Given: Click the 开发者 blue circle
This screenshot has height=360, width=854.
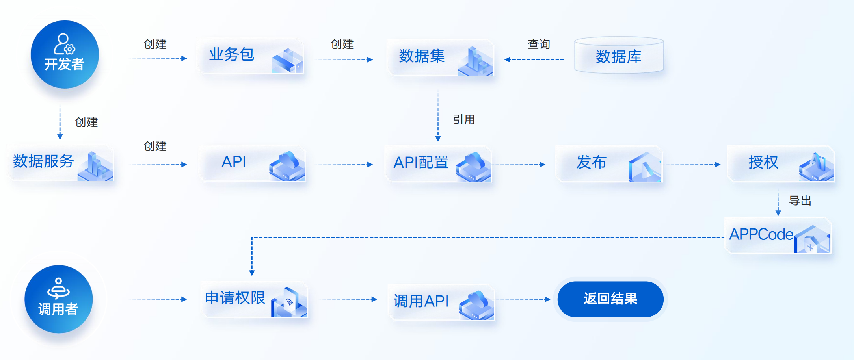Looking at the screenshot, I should [65, 54].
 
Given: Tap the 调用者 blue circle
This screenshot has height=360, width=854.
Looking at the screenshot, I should [59, 299].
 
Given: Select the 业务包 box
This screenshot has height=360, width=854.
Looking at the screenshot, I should [251, 56].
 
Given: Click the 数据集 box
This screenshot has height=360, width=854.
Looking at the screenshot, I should [440, 57].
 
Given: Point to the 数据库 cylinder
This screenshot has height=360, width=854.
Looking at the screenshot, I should [619, 56].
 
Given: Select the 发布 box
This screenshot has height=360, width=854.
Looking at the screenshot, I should [609, 163].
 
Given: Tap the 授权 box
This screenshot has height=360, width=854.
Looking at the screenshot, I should [780, 163].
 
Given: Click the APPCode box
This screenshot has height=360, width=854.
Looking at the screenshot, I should [778, 235].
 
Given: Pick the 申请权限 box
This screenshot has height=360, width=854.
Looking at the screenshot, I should [255, 299].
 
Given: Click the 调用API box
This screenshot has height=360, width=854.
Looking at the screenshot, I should [441, 302].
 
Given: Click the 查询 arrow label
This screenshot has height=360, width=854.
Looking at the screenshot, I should [539, 44].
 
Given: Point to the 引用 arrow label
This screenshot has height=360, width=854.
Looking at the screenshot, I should [464, 119].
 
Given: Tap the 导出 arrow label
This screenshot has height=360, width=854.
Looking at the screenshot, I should [800, 200].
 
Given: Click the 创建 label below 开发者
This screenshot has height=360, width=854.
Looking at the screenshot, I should [86, 122].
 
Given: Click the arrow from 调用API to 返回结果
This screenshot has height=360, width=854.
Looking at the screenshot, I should [523, 299].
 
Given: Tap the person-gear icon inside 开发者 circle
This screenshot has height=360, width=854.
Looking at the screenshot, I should [64, 44].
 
